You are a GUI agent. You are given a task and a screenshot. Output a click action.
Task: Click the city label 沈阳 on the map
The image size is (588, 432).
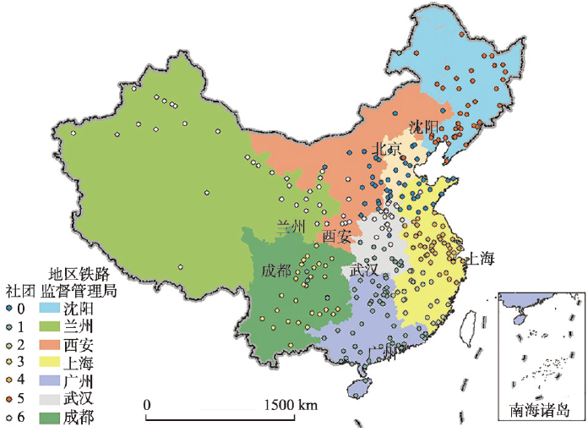(x=425, y=126)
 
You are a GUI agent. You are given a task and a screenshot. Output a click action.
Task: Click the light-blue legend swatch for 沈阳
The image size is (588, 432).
(x=56, y=309)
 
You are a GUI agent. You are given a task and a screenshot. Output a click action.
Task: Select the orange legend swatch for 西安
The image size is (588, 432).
(x=56, y=345)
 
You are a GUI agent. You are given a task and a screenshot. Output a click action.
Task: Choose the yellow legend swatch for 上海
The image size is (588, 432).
(x=56, y=364)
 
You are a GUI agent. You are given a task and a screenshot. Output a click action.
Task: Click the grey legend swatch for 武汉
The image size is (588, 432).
(x=56, y=399)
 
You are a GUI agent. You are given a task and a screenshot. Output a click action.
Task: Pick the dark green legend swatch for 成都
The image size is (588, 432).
(x=56, y=417)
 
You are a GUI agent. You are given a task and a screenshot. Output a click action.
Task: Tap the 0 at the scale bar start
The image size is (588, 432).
(x=147, y=406)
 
